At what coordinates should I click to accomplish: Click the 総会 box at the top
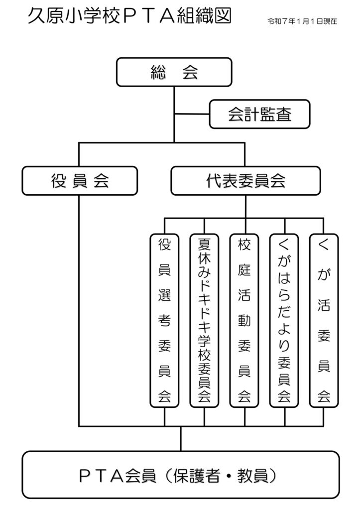click(x=174, y=72)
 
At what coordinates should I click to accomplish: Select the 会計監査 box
click(x=260, y=115)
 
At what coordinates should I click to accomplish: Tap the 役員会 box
click(x=79, y=181)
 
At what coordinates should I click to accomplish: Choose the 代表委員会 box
click(x=245, y=181)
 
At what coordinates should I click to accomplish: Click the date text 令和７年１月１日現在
click(x=302, y=22)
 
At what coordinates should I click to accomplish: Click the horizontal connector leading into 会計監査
click(x=192, y=114)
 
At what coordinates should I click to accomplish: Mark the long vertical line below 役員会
click(x=79, y=309)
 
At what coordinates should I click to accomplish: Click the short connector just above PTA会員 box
click(x=181, y=438)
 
